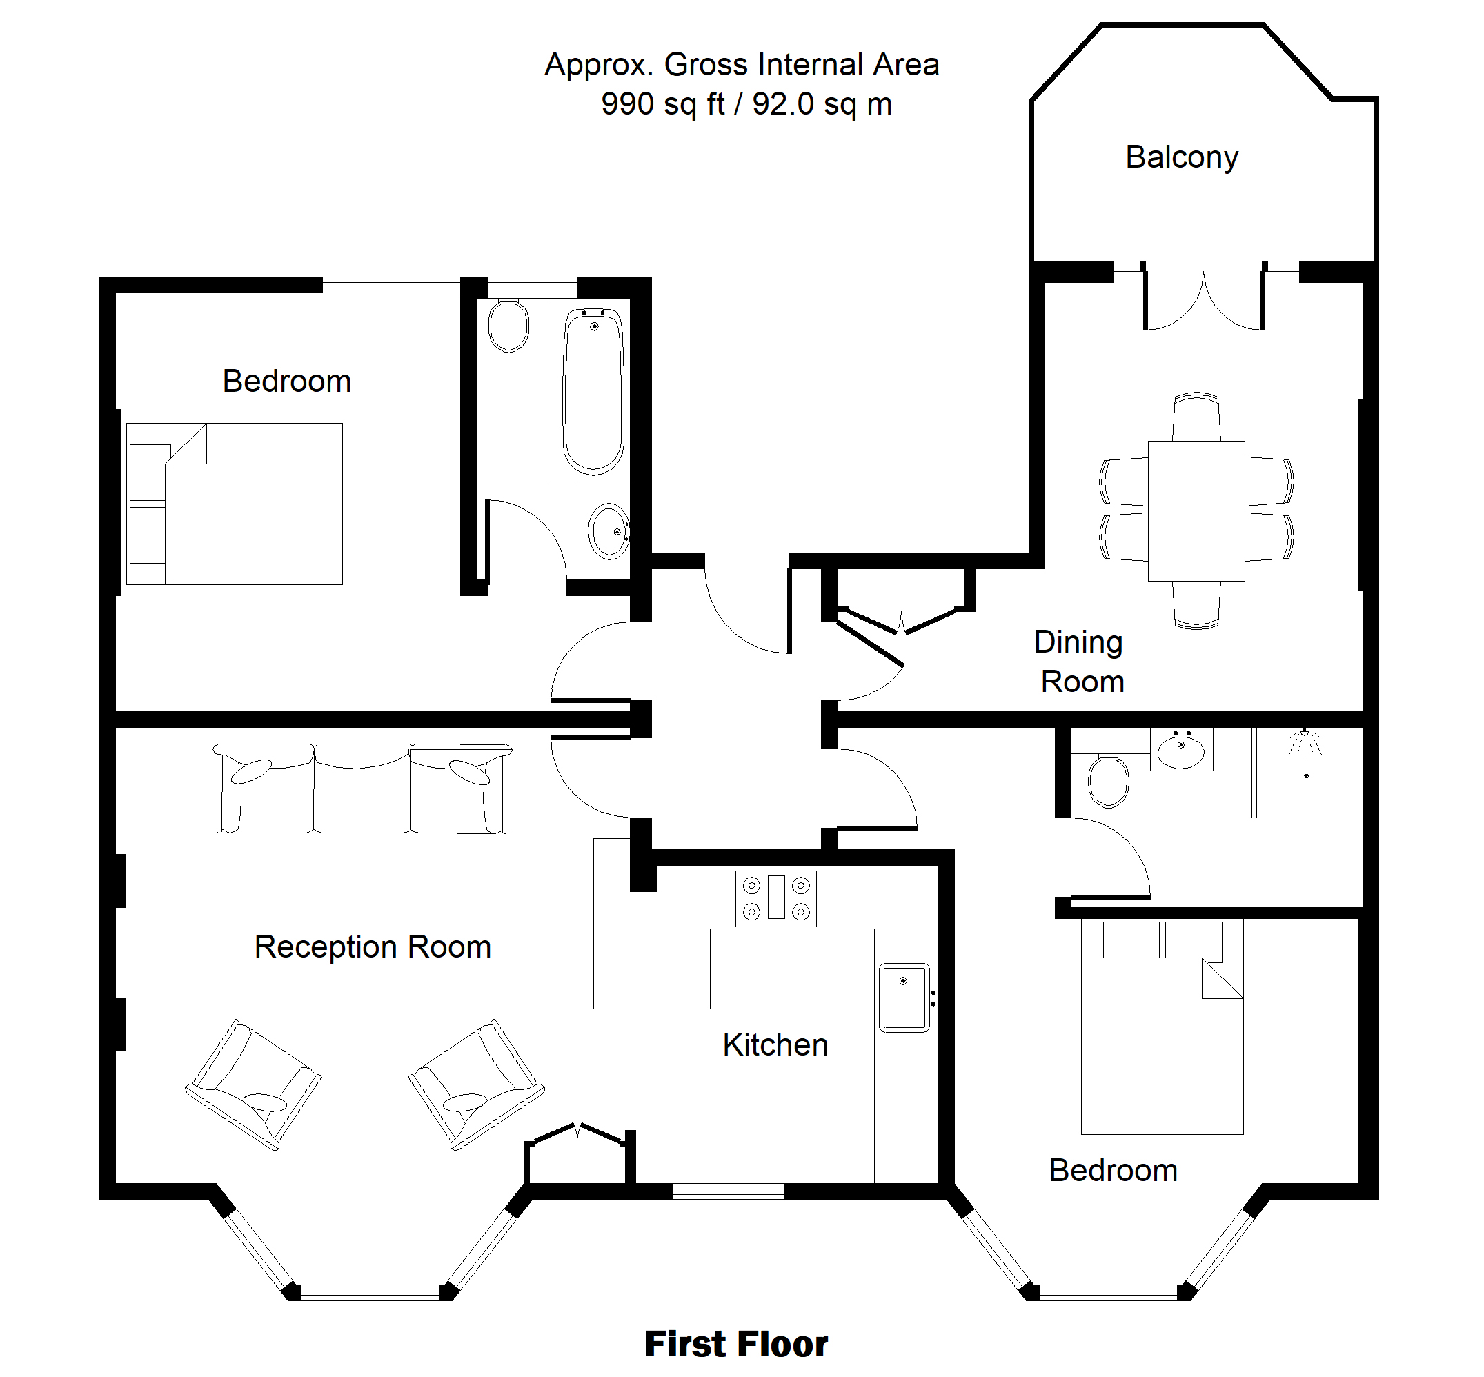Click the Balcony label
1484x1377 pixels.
click(x=1182, y=158)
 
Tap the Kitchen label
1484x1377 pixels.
click(x=775, y=1044)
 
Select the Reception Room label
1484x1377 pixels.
click(x=373, y=947)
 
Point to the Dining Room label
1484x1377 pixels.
click(x=1080, y=662)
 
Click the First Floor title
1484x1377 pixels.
click(x=736, y=1344)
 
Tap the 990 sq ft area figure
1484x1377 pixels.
click(x=663, y=104)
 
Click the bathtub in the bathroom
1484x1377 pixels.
click(x=593, y=392)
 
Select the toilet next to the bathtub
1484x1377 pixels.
click(x=509, y=325)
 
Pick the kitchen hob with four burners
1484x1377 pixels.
click(x=775, y=899)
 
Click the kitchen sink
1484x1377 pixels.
click(x=904, y=998)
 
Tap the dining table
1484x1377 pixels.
click(x=1196, y=511)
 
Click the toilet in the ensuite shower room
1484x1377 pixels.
click(x=1108, y=780)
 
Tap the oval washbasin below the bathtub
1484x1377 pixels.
click(x=609, y=531)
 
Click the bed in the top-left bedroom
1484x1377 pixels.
click(x=235, y=504)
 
